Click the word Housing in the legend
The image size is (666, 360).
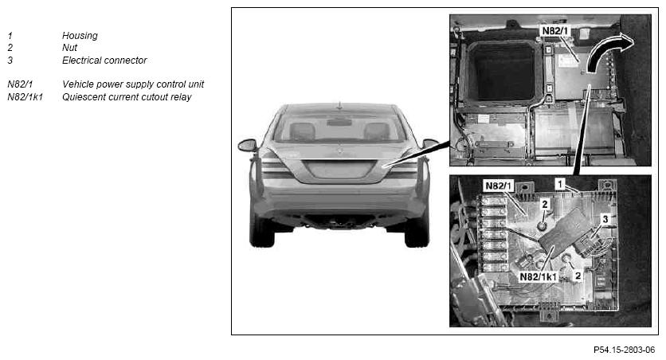coord(80,36)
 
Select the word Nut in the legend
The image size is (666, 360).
coord(69,48)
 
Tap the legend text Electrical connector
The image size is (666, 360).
coord(104,61)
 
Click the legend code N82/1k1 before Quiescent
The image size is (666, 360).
coord(25,97)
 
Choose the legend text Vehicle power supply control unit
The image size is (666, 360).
coord(133,84)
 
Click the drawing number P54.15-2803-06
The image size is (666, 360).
coord(624,350)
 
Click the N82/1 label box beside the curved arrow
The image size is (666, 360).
coord(555,31)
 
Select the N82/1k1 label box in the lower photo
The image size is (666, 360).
coord(539,277)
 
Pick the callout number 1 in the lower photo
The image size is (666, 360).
coord(560,184)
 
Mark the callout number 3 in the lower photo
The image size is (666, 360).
coord(605,219)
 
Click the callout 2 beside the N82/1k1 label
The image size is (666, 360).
coord(578,276)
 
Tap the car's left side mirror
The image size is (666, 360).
coord(248,145)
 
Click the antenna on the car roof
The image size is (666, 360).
coord(339,105)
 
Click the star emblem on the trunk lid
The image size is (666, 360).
coord(339,151)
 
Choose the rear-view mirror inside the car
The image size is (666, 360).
coord(339,123)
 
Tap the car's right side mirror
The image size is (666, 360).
coord(430,143)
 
